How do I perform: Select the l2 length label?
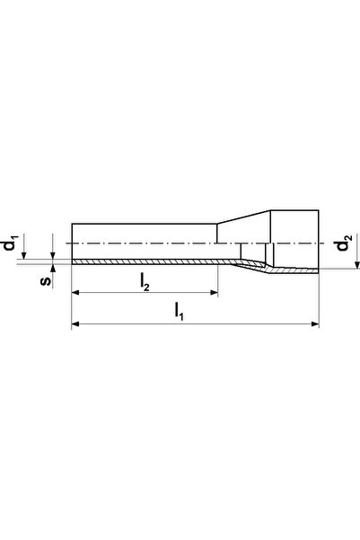point(145,282)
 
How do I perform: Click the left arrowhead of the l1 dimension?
point(75,324)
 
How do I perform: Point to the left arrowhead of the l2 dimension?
point(76,293)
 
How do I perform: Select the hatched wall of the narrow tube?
point(144,261)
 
